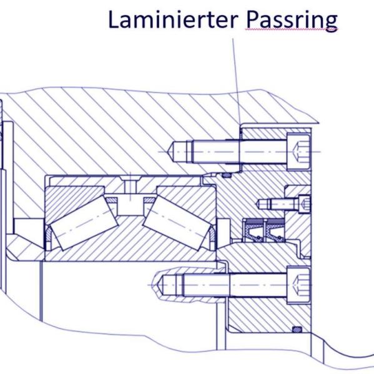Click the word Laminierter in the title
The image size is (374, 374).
point(173,19)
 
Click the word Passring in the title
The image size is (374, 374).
point(292,21)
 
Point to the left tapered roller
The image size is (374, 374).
point(84,224)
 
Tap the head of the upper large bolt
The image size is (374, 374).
point(298,152)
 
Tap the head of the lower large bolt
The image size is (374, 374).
point(298,285)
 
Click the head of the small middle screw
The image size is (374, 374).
point(305,204)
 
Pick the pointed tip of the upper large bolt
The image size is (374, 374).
point(169,152)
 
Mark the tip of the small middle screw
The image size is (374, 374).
point(257,204)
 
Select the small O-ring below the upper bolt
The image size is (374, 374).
point(227,175)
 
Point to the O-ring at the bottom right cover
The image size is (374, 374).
point(297,330)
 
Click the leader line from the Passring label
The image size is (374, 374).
point(237,81)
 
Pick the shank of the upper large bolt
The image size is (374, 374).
point(239,152)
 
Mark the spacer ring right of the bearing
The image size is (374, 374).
point(224,233)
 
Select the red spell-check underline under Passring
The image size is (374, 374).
point(292,29)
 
